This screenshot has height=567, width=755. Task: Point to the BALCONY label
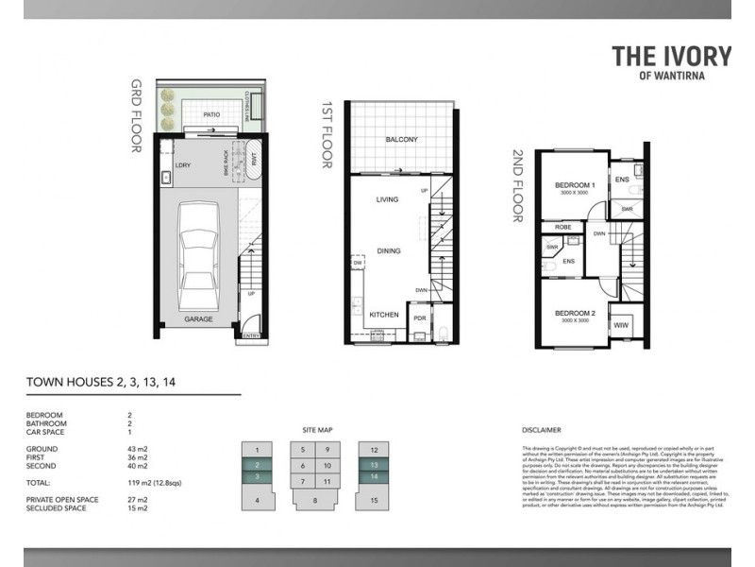(401, 140)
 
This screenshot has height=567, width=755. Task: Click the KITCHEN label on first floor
(383, 314)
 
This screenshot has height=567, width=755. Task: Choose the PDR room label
(420, 318)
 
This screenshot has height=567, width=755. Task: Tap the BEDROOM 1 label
(574, 184)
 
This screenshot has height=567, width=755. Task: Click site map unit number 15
(375, 499)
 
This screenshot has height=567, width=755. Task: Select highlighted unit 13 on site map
(375, 465)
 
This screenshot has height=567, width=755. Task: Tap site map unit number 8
(315, 499)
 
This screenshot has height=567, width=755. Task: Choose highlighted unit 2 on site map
(257, 465)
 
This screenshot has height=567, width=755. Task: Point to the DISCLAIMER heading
(541, 429)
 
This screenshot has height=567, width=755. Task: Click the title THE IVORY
(671, 56)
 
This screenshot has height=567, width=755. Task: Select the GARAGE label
(198, 319)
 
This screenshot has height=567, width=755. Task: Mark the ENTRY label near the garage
(251, 335)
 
